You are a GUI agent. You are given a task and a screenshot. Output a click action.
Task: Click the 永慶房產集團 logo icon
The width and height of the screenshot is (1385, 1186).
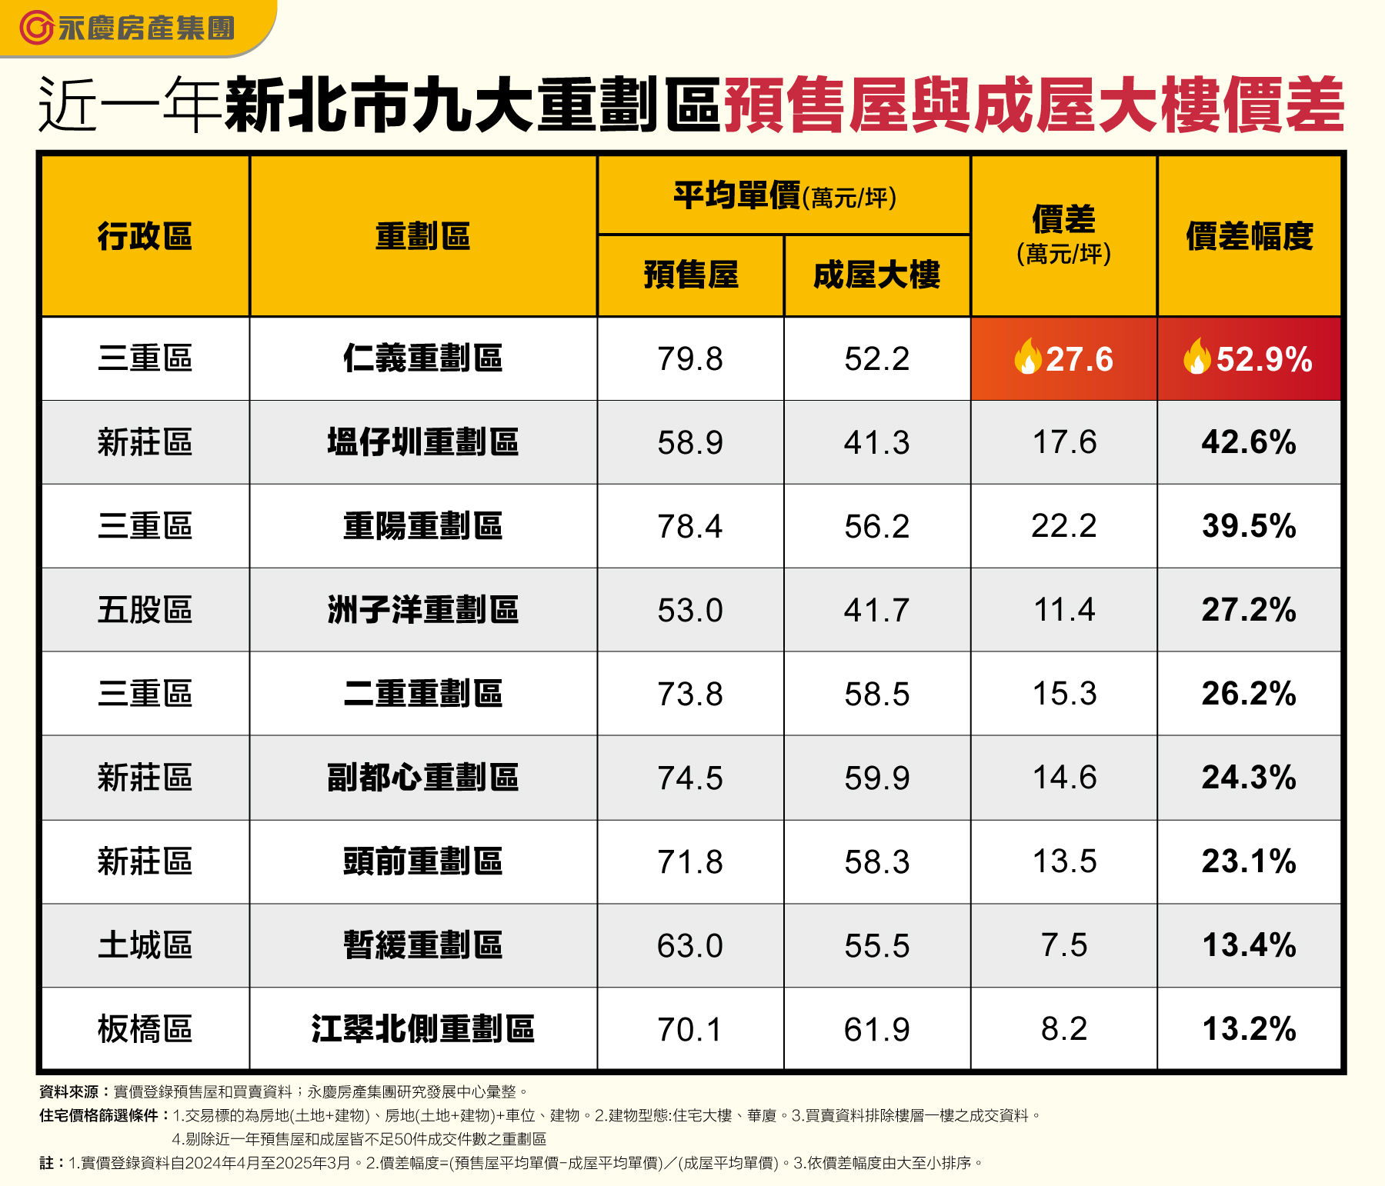coord(35,28)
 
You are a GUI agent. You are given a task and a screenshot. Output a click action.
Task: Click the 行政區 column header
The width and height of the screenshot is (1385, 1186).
coord(145,236)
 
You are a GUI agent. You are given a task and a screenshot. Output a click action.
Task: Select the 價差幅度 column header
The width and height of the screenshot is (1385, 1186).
coord(1249,236)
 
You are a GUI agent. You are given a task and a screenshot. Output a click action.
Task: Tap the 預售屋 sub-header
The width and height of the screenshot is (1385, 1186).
coord(690,275)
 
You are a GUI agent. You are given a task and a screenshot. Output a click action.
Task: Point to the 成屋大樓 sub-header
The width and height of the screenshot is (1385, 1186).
coord(876,275)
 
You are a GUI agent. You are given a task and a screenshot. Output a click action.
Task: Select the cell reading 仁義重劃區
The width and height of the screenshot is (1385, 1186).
coord(422,358)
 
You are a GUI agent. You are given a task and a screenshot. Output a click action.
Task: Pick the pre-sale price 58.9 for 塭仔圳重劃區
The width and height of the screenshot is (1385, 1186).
coord(690,442)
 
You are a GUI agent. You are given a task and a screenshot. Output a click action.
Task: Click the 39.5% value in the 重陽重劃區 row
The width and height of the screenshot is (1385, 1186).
coord(1249,526)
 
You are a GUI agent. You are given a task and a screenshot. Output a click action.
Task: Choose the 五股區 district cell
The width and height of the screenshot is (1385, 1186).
coord(145,610)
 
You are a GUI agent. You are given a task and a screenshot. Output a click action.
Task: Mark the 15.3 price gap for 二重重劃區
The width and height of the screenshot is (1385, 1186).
coord(1064,694)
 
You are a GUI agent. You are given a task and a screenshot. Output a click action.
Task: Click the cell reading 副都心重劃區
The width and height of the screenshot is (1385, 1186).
coord(422,778)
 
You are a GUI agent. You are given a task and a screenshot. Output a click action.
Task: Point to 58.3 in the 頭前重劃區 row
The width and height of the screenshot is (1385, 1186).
coord(876,861)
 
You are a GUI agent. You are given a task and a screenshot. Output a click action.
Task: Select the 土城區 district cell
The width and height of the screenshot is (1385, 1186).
coord(145,945)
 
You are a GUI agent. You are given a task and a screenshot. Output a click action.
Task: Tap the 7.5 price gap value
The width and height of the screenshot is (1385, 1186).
coord(1064,945)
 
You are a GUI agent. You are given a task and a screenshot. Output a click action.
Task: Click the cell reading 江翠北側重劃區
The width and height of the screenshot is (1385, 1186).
coord(422,1029)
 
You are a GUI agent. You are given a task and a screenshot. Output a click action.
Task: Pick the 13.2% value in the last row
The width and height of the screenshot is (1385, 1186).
coord(1249,1029)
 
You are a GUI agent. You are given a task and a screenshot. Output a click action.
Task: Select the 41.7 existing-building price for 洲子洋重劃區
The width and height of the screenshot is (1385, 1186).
coord(876,610)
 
